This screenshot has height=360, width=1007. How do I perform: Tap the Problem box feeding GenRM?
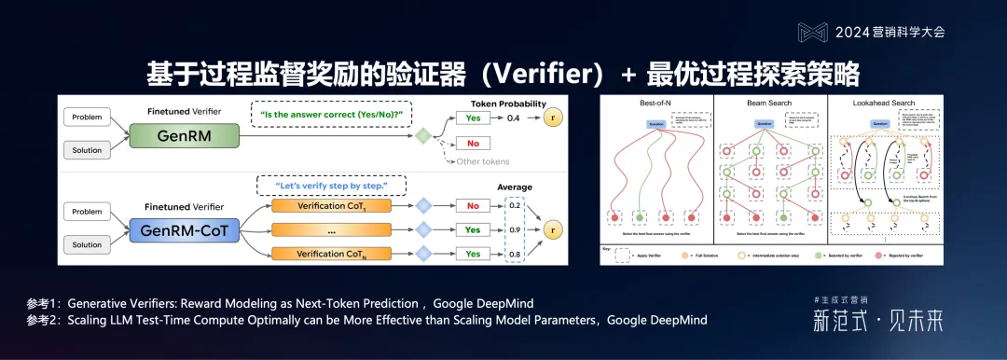pyautogui.click(x=88, y=118)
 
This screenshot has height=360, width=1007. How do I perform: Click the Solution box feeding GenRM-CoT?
pyautogui.click(x=88, y=245)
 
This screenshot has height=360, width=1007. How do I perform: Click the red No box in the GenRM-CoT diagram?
pyautogui.click(x=473, y=206)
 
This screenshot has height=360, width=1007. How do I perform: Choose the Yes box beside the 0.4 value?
pyautogui.click(x=473, y=119)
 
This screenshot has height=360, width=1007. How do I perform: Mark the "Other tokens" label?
pyautogui.click(x=481, y=162)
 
